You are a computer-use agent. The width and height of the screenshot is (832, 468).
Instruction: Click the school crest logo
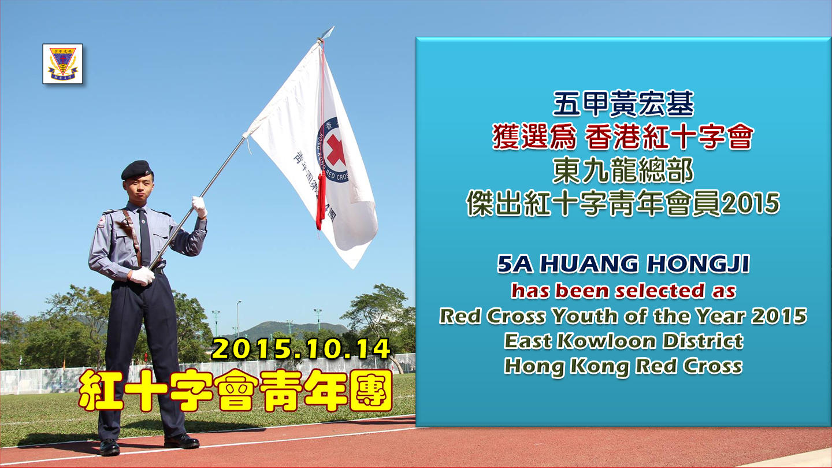pos(62,64)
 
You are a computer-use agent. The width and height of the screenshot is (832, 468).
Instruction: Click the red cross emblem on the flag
pos(335,150)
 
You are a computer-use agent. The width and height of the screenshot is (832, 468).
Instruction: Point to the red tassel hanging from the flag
pos(321,200)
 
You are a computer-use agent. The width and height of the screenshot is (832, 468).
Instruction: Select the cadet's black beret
pos(137,170)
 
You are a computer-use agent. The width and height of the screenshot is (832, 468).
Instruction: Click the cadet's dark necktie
pos(144,237)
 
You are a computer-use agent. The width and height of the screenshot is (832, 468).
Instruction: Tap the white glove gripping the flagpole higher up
pos(199,206)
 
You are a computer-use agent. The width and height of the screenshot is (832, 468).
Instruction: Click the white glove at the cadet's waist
pos(142,276)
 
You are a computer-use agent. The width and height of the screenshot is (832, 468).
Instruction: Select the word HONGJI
pos(698,264)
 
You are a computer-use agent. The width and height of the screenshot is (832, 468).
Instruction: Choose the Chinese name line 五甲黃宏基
pos(623,103)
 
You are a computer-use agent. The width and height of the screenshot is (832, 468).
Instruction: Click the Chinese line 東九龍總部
pos(623,170)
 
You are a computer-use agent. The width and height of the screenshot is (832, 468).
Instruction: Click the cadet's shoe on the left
pos(109,447)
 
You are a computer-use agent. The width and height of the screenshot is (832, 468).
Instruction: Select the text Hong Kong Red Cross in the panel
pos(623,366)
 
